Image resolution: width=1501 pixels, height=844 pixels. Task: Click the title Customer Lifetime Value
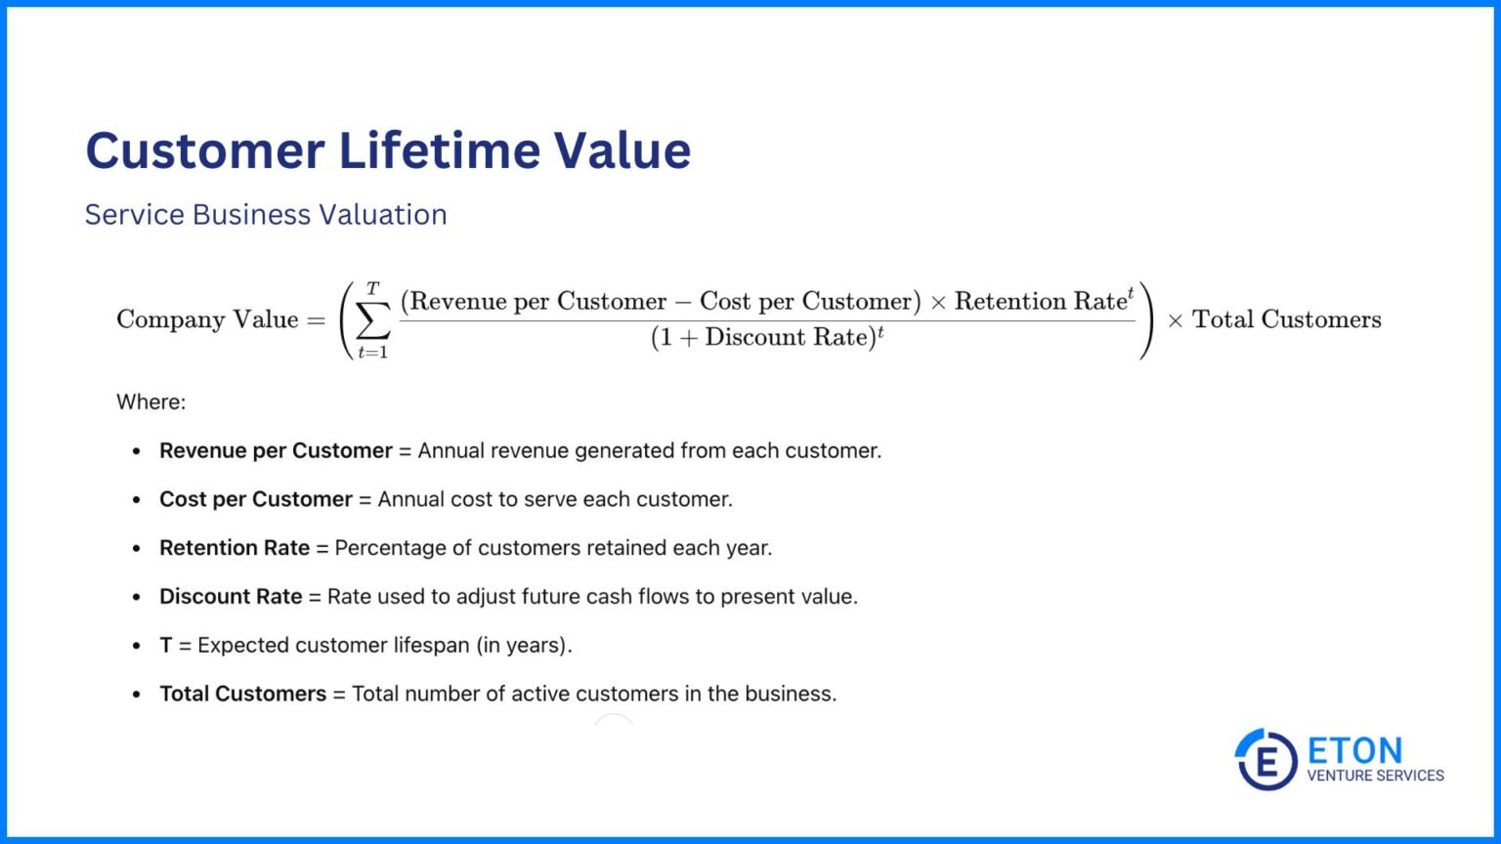[x=388, y=150]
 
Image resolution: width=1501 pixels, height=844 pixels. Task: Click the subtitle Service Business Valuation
[x=266, y=215]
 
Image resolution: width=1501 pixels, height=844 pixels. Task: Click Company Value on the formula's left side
[x=207, y=319]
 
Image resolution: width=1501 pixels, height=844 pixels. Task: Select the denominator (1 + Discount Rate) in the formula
[x=766, y=338]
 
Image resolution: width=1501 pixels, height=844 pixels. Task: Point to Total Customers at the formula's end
[x=1286, y=319]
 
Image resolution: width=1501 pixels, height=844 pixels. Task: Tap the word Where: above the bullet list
[x=150, y=401]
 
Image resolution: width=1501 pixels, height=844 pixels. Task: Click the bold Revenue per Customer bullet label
[x=276, y=450]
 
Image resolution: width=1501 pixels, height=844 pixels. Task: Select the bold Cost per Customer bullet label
[x=255, y=499]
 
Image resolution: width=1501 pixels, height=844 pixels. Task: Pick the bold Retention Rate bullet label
[x=235, y=548]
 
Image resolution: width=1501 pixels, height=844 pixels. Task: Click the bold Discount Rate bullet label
[x=231, y=597]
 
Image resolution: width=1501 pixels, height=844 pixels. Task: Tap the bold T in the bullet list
[x=166, y=646]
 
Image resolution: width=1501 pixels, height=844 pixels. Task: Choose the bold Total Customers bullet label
[x=242, y=695]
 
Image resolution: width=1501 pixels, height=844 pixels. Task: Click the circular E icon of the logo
[x=1266, y=759]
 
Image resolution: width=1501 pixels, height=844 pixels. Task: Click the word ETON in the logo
[x=1354, y=750]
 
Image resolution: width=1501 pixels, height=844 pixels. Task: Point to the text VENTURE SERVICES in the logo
[x=1375, y=776]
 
